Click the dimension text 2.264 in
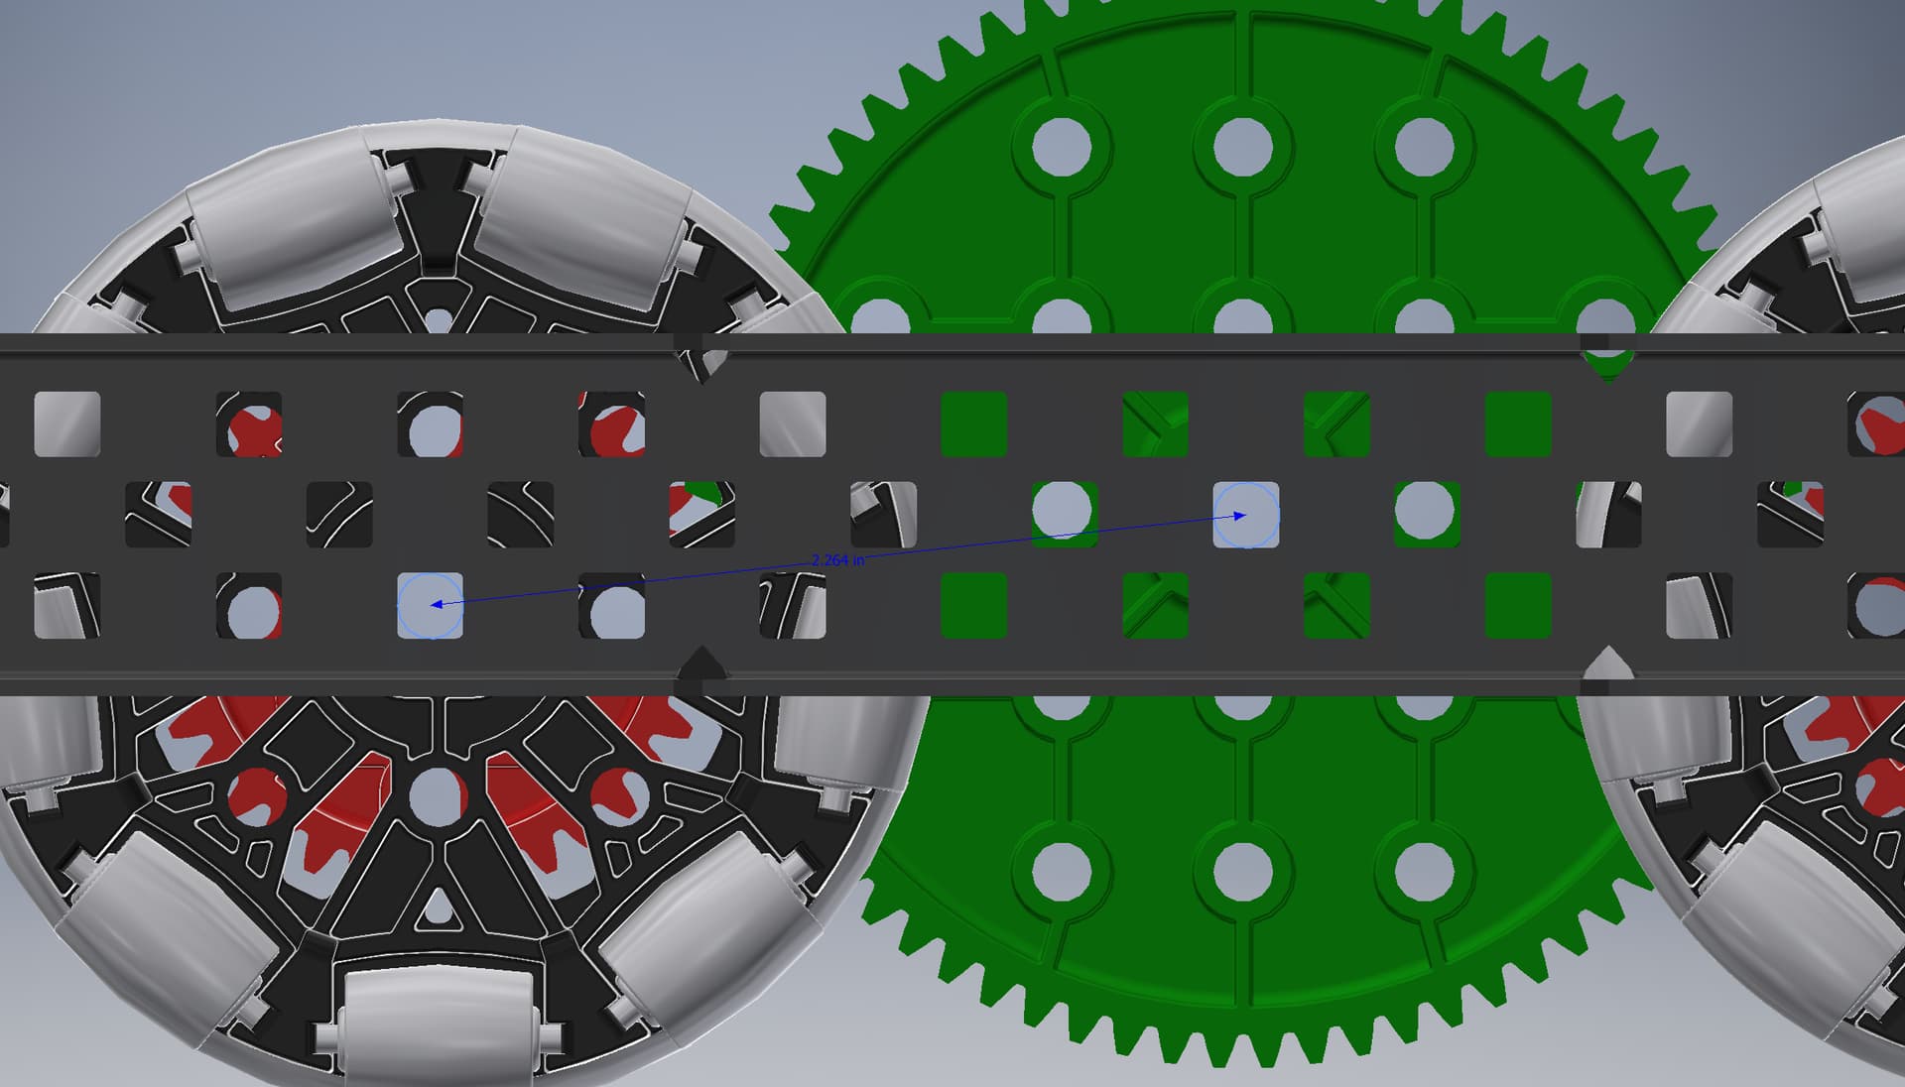pos(837,560)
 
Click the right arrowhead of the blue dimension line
pos(1239,516)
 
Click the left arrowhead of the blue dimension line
pos(437,603)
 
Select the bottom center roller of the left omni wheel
pos(437,1022)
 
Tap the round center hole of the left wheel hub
pos(437,793)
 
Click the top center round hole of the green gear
pos(1242,146)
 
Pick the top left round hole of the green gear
pos(1061,146)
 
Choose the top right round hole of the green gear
pos(1424,146)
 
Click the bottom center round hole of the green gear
pos(1242,872)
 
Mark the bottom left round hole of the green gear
pos(1061,872)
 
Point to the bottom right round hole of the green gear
pos(1424,872)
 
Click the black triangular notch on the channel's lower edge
pos(702,663)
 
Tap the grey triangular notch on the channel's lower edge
pos(1606,663)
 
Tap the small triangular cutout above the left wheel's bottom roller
pos(437,907)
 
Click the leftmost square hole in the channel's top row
pos(66,424)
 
